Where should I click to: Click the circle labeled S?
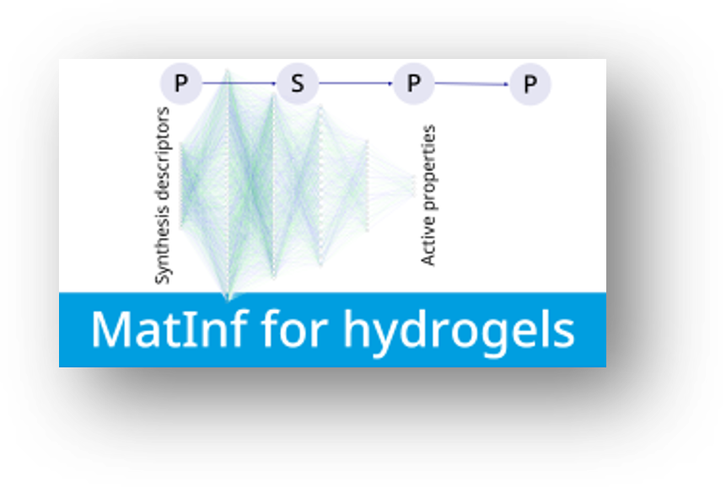tap(298, 83)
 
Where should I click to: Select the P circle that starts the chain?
tap(181, 83)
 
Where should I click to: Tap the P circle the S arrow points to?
tap(413, 83)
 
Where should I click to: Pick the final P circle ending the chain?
tap(530, 83)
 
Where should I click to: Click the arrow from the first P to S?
tap(239, 83)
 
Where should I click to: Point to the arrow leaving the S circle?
tap(356, 83)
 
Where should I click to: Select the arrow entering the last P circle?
tap(472, 83)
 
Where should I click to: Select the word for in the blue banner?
tap(294, 329)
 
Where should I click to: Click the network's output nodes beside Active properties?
tap(414, 186)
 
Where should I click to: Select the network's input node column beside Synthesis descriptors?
tap(181, 186)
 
